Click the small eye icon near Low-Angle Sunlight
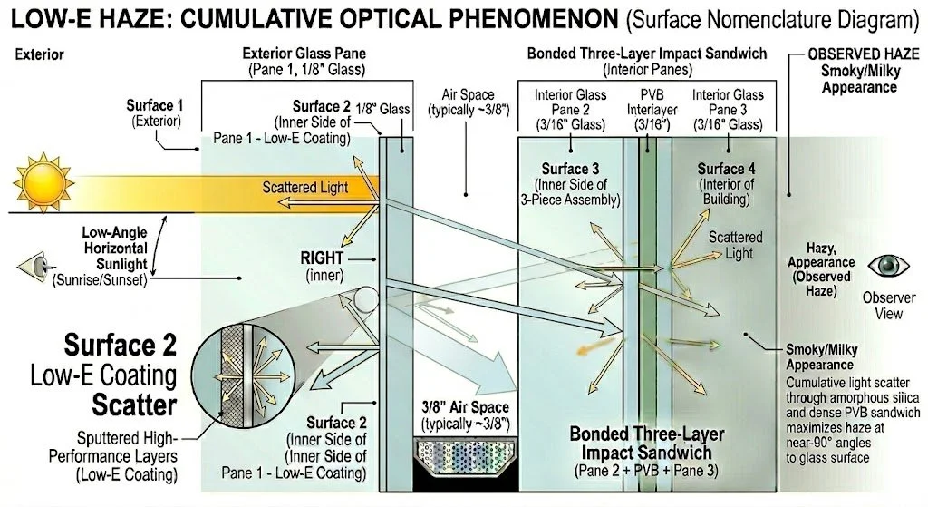point(33,268)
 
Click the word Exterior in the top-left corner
point(40,54)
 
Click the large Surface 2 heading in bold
point(120,346)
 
